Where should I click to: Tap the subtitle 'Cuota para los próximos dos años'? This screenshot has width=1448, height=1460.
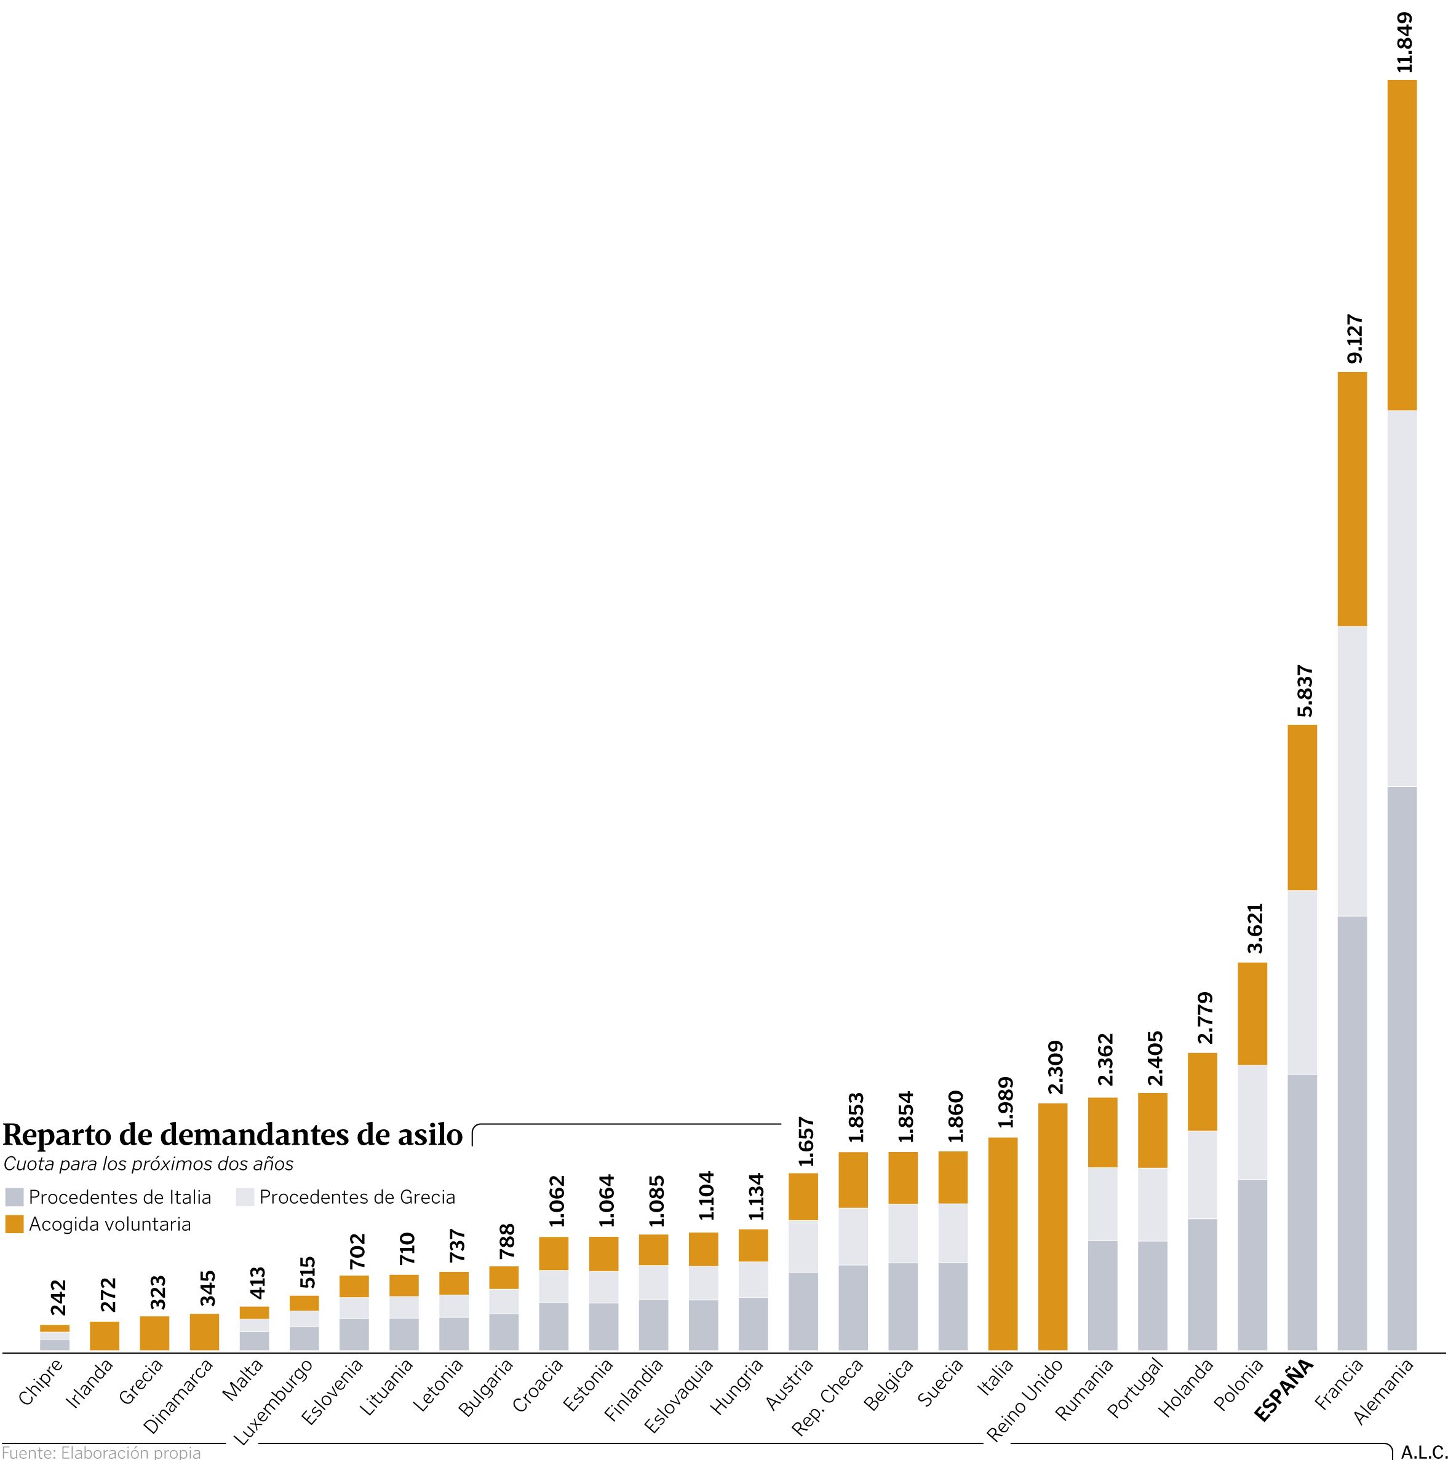(148, 1164)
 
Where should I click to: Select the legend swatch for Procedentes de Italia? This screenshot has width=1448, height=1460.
(14, 1197)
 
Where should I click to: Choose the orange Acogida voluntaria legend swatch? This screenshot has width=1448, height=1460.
(14, 1224)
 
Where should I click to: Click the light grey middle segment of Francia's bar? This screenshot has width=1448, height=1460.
(1352, 771)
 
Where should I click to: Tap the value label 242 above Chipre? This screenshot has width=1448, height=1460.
(58, 1298)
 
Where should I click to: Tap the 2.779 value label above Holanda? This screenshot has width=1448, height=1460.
(1204, 1019)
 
